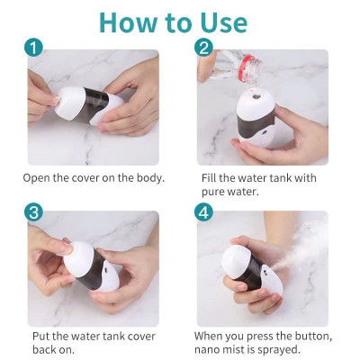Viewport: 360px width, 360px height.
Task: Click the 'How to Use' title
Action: tap(180, 22)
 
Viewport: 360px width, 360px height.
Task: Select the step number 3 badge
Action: tap(33, 212)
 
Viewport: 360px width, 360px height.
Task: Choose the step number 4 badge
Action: tap(205, 212)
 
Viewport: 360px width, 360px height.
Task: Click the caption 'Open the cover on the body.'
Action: tap(94, 178)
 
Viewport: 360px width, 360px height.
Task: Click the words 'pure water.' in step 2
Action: tap(229, 192)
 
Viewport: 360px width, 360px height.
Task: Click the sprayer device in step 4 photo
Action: tap(256, 270)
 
